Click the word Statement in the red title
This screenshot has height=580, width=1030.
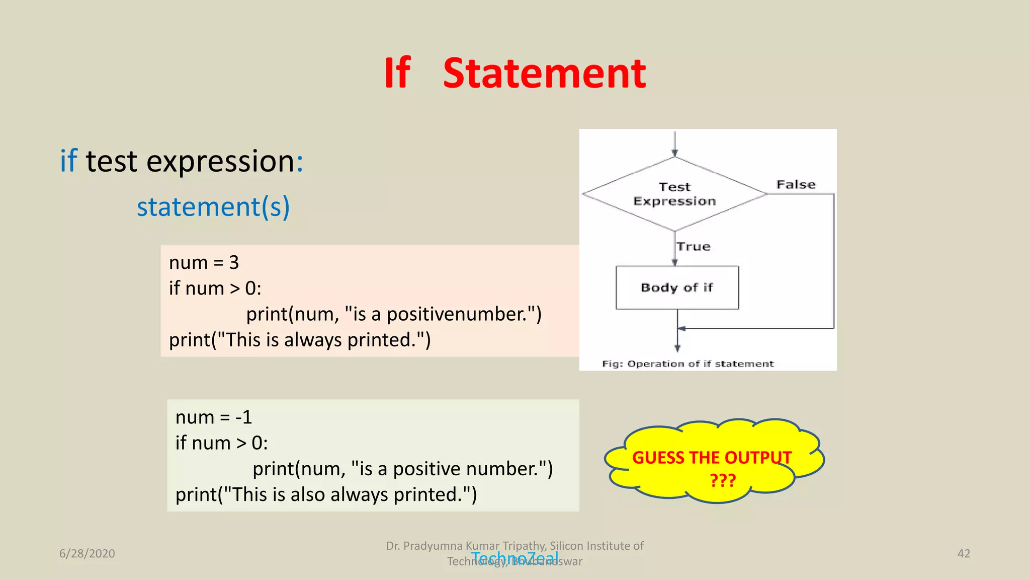coord(544,74)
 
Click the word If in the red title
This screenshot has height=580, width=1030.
coord(397,74)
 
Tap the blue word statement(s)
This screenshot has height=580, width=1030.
coord(213,207)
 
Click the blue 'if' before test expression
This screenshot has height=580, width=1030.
coord(68,161)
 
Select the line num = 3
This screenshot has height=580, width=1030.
coord(204,263)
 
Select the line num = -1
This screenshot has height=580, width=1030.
coord(213,417)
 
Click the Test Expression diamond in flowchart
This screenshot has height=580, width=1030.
coord(674,194)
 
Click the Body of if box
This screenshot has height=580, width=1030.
coord(677,287)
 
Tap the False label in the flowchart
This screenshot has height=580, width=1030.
coord(796,185)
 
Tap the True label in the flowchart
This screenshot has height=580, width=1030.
coord(694,247)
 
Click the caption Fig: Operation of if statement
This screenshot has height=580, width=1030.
coord(688,364)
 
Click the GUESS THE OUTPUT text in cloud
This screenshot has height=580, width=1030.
coord(712,458)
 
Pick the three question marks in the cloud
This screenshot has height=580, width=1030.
coord(723,480)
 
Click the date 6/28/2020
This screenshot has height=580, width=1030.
coord(87,553)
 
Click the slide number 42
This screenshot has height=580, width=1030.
coord(964,553)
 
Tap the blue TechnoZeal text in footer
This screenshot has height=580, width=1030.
coord(514,558)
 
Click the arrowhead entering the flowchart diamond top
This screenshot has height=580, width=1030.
coord(674,153)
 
